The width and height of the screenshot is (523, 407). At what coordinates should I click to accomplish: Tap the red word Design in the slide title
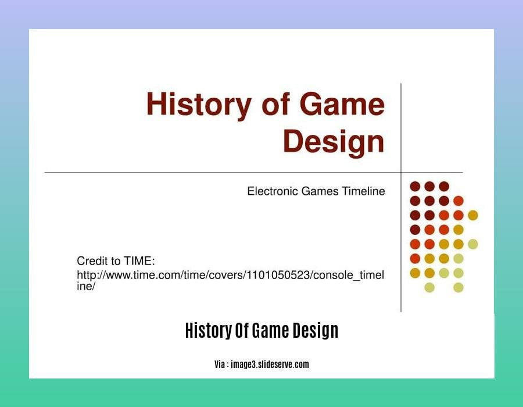pos(334,142)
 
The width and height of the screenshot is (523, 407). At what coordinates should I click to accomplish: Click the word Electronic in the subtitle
pos(273,191)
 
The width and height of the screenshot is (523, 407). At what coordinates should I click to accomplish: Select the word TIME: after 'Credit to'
pos(139,260)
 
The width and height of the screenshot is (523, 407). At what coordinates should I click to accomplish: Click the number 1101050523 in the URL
pos(278,275)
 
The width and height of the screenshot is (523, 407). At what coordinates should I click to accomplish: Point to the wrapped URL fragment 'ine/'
pos(86,286)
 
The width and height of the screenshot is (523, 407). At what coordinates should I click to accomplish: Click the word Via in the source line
pos(220,365)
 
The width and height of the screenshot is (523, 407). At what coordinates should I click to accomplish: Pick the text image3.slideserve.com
pos(270,365)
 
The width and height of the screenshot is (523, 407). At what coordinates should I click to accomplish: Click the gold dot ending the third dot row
pos(473,215)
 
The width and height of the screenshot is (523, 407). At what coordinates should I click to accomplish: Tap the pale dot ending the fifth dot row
pos(473,244)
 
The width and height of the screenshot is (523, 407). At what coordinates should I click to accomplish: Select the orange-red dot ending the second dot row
pos(458,201)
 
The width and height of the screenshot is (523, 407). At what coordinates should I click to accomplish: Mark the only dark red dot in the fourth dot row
pos(415,230)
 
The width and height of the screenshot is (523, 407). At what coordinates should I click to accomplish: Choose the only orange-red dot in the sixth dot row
pos(415,259)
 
